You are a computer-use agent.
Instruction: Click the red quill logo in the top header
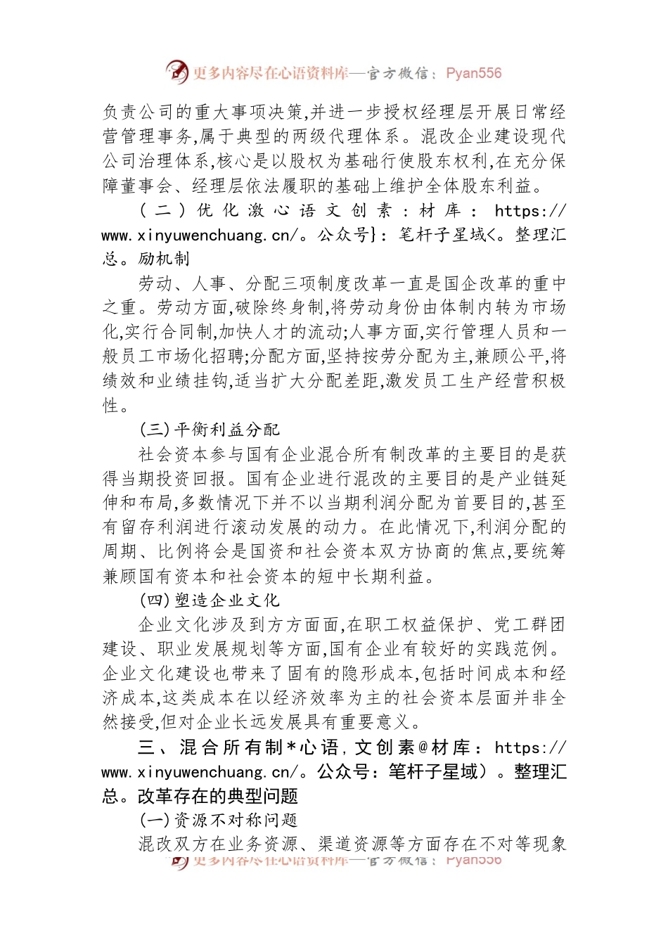point(177,72)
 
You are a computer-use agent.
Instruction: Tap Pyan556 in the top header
point(473,73)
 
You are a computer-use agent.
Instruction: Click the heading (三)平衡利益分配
point(210,430)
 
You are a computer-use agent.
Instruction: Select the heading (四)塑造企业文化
point(210,600)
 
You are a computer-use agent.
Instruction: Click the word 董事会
point(147,186)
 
